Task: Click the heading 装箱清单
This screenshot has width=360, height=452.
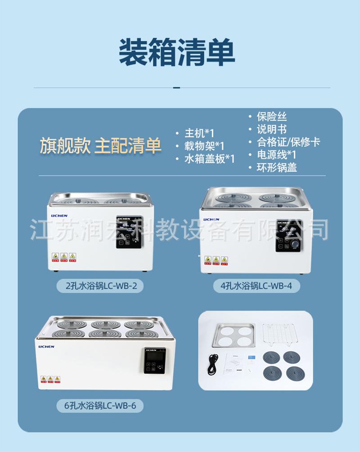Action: point(177,53)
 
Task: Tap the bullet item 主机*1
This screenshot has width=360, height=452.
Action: point(199,133)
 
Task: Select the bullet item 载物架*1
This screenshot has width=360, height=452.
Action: point(204,146)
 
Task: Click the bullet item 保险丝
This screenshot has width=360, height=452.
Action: point(271,116)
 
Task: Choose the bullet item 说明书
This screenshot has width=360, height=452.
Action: point(271,130)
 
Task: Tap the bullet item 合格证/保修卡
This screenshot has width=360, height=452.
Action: point(288,142)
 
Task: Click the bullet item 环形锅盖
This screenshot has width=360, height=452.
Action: point(276,168)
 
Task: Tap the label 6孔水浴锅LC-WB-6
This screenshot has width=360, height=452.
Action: point(100,406)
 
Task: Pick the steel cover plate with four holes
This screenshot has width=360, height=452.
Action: point(234,335)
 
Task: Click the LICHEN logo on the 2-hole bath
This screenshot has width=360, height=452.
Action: point(59,215)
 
